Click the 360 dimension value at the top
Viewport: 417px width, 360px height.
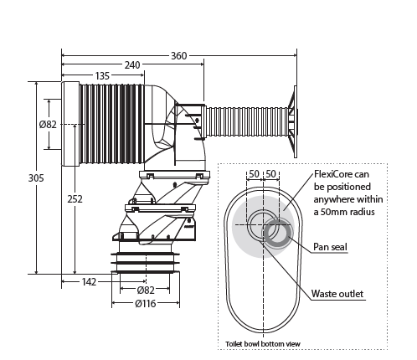[x=178, y=55]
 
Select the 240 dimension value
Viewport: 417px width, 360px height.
[x=131, y=65]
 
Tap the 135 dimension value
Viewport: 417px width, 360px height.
[x=102, y=76]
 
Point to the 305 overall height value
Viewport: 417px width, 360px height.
[x=13, y=177]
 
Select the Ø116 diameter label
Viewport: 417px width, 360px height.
[x=146, y=302]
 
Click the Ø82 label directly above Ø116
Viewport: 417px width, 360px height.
[x=147, y=290]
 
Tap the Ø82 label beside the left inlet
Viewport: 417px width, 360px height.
[x=48, y=124]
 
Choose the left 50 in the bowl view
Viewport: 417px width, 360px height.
[x=254, y=173]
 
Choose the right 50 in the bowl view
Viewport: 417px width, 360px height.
[x=270, y=173]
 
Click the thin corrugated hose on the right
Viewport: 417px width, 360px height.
[x=247, y=119]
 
